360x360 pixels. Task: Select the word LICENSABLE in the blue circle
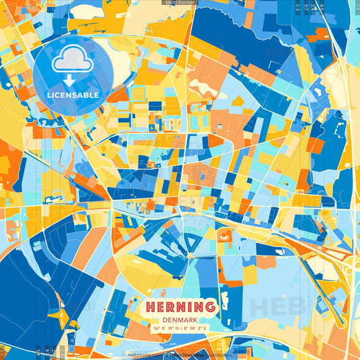[73, 95]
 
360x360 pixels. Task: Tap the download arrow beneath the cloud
[73, 78]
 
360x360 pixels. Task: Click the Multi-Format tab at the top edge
[180, 3]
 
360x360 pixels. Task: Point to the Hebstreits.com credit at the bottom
[144, 354]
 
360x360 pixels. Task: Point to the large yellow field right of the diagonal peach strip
[135, 270]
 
